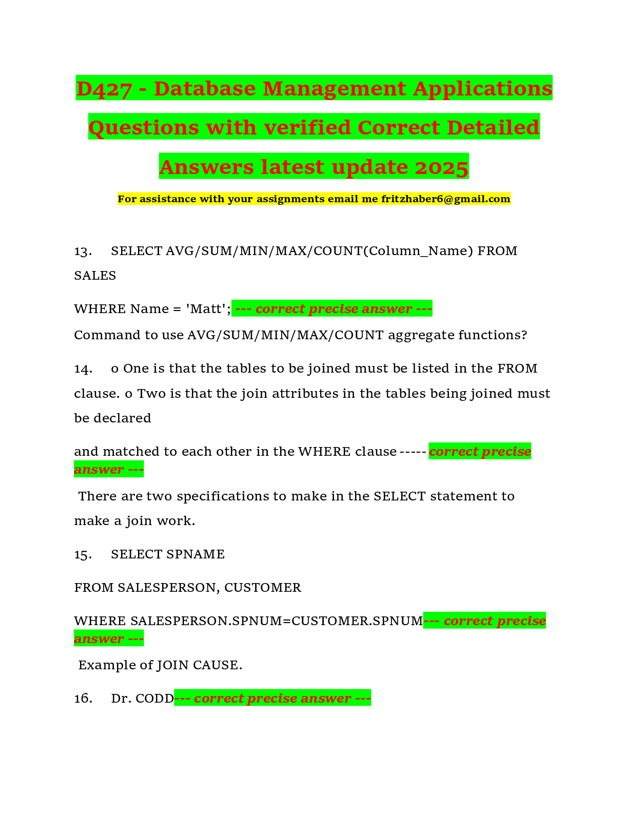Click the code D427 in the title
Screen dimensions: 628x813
coord(104,89)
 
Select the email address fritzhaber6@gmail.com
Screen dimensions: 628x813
coord(446,199)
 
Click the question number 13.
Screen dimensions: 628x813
coord(83,251)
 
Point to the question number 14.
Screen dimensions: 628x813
coord(83,369)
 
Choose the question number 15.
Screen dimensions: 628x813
coord(83,554)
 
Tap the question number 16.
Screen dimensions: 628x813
coord(83,699)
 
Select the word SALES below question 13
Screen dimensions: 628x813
coord(95,276)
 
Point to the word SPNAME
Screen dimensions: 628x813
coord(195,554)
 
